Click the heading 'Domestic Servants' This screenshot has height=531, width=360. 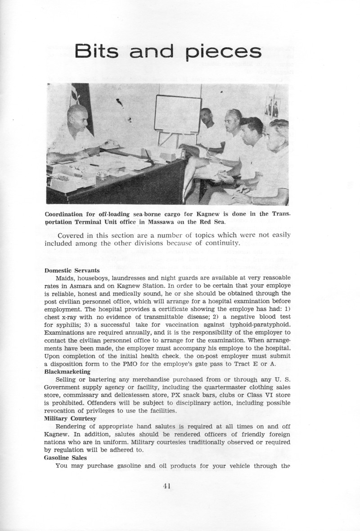72,271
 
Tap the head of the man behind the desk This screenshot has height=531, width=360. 77,118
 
